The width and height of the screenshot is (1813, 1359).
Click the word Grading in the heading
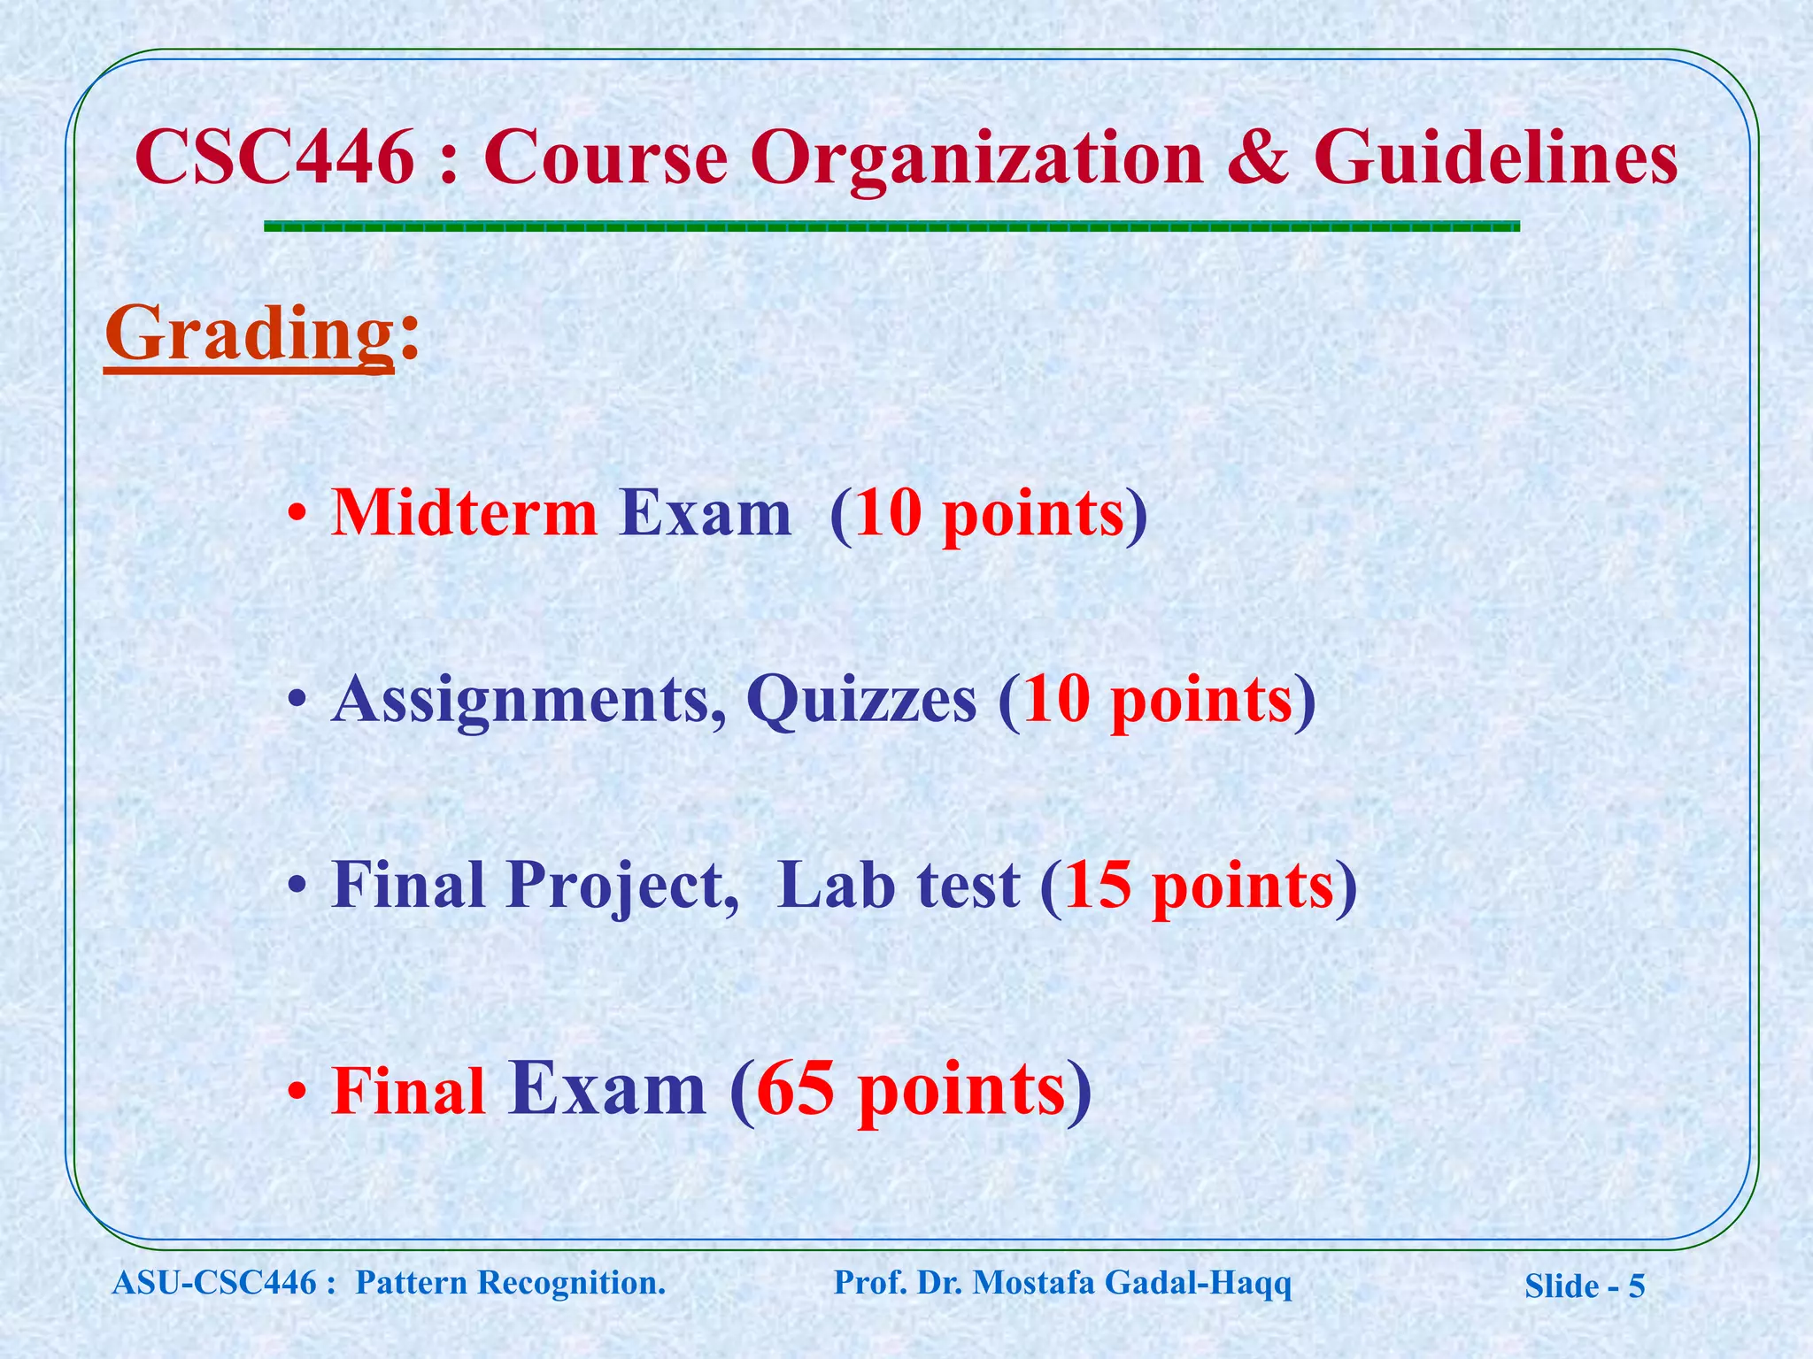click(249, 334)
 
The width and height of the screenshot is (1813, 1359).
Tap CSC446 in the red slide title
click(274, 157)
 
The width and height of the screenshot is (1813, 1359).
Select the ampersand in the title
click(1258, 157)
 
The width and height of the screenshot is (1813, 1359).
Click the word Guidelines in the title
click(1495, 157)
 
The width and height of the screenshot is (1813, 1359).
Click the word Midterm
click(464, 513)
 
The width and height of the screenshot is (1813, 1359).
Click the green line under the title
click(891, 227)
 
